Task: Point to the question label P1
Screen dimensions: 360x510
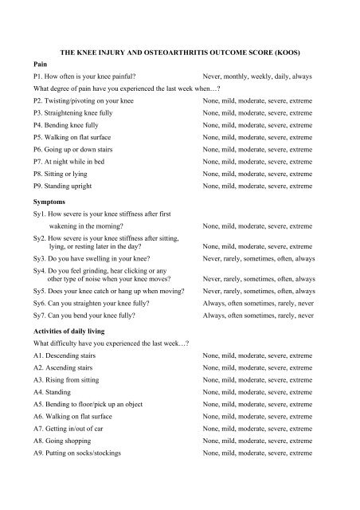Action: (39, 76)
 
